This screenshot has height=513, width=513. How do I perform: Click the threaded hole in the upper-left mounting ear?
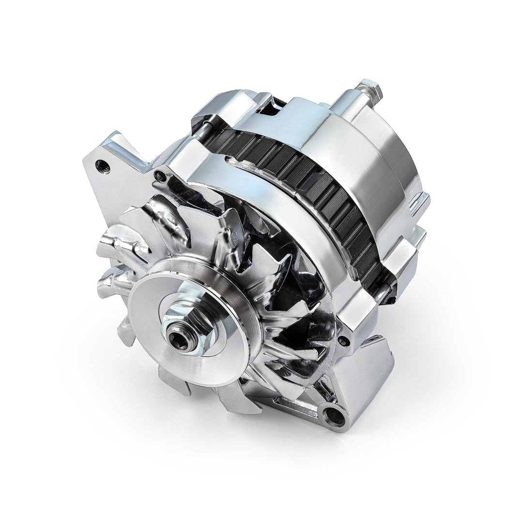point(103,168)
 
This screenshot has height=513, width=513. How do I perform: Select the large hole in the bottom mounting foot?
point(332,414)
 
